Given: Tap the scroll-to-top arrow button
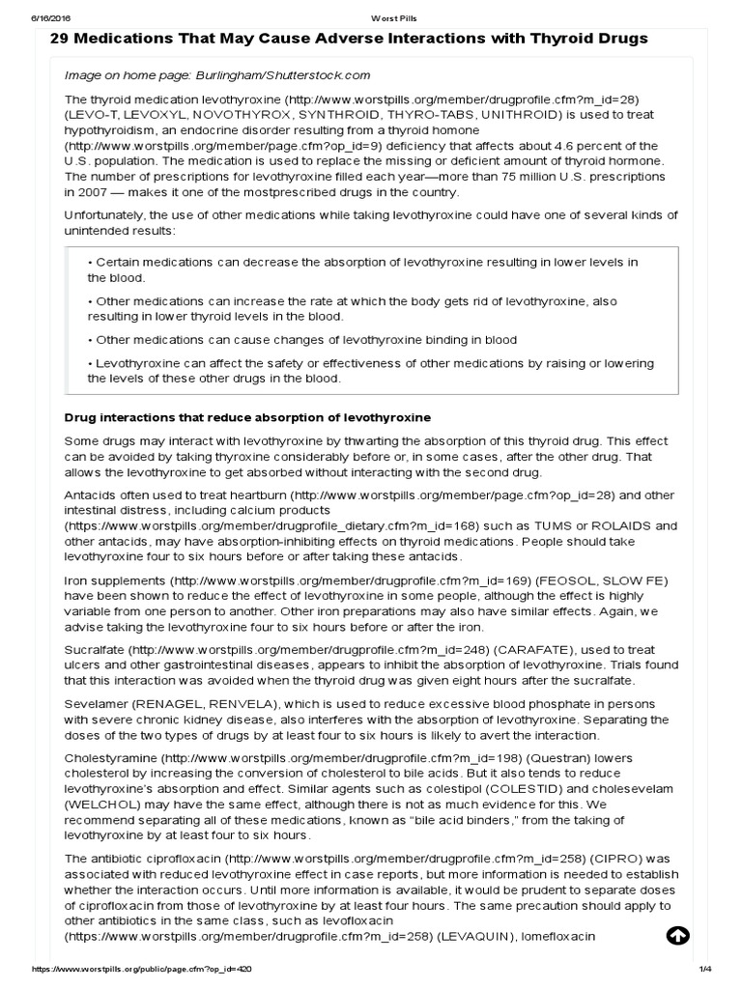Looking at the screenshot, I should [x=677, y=936].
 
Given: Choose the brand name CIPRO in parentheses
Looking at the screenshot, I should [x=592, y=859].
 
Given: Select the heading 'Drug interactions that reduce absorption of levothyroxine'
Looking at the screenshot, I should [x=247, y=417].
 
